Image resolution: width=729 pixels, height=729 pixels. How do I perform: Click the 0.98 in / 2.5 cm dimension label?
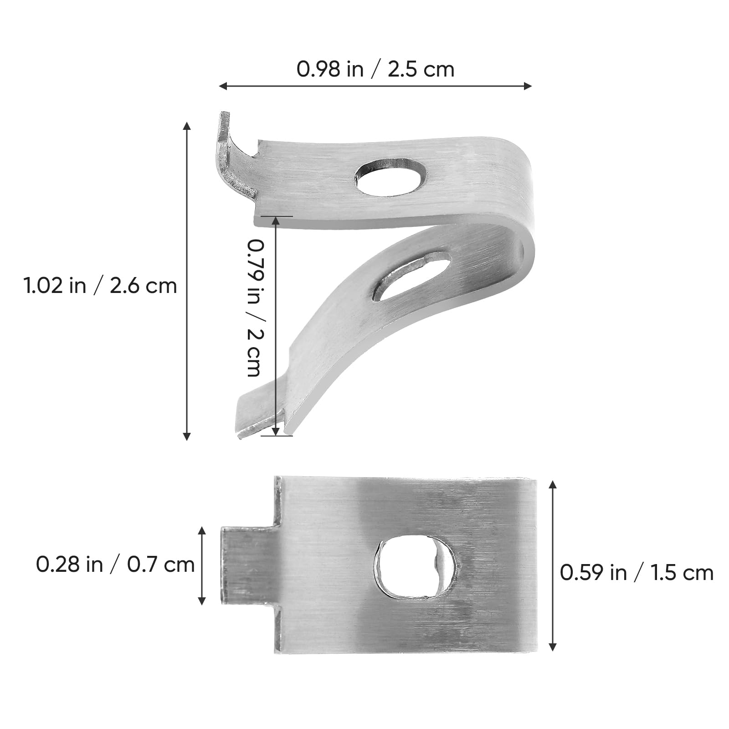point(375,70)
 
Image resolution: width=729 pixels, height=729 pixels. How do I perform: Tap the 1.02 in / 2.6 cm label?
point(100,286)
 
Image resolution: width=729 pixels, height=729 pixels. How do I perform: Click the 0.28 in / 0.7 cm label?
point(115,565)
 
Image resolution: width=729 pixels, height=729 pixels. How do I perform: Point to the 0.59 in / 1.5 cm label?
point(636,573)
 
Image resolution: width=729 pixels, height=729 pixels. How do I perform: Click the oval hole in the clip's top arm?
point(391,177)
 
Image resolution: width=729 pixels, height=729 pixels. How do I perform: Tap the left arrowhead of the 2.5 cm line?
point(222,86)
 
